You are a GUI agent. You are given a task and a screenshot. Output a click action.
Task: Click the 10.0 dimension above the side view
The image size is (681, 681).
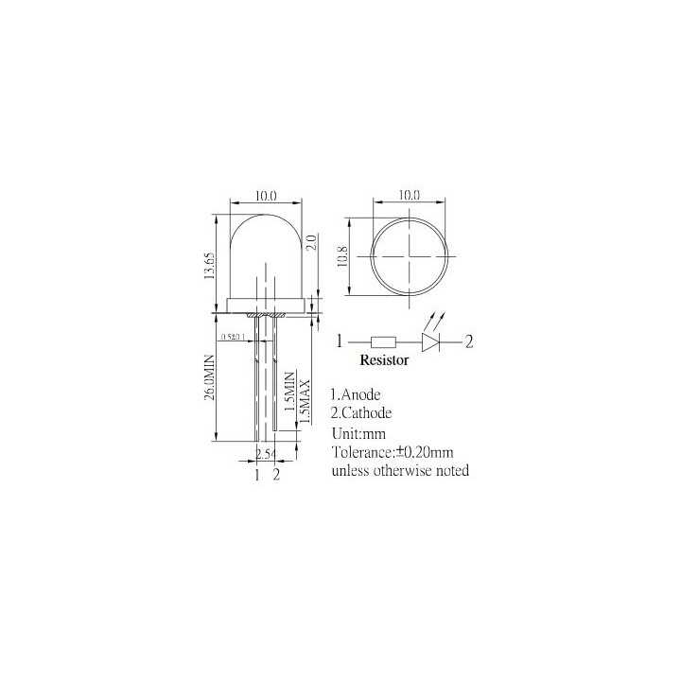(x=265, y=196)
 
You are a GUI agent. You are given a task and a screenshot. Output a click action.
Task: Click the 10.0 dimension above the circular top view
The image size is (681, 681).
(x=409, y=195)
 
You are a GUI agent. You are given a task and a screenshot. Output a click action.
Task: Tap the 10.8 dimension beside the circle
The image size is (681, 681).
(x=342, y=256)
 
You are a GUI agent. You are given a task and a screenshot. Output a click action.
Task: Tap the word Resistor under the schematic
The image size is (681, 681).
(x=384, y=360)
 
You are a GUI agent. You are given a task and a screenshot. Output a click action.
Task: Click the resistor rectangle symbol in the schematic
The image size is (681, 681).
(x=384, y=340)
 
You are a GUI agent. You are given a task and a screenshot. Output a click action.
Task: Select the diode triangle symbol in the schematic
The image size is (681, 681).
(x=431, y=340)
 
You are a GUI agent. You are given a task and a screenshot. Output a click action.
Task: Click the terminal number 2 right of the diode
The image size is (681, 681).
(x=468, y=340)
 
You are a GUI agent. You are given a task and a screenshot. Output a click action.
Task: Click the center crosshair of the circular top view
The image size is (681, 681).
(x=409, y=255)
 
